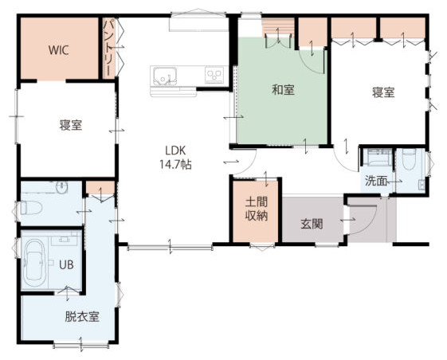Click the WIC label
pyautogui.click(x=58, y=50)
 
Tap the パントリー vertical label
pyautogui.click(x=108, y=48)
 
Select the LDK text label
pyautogui.click(x=175, y=151)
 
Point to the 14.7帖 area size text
pyautogui.click(x=175, y=164)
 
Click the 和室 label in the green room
pyautogui.click(x=283, y=90)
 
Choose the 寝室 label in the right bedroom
pyautogui.click(x=383, y=92)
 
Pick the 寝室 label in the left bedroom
pyautogui.click(x=71, y=125)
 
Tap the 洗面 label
pyautogui.click(x=376, y=181)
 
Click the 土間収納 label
pyautogui.click(x=257, y=209)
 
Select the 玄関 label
pyautogui.click(x=312, y=225)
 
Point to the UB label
pyautogui.click(x=66, y=264)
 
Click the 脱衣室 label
pyautogui.click(x=82, y=316)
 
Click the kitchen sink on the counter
pyautogui.click(x=165, y=76)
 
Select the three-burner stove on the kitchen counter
pyautogui.click(x=214, y=75)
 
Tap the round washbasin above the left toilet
pyautogui.click(x=62, y=187)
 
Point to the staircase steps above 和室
pyautogui.click(x=277, y=27)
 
